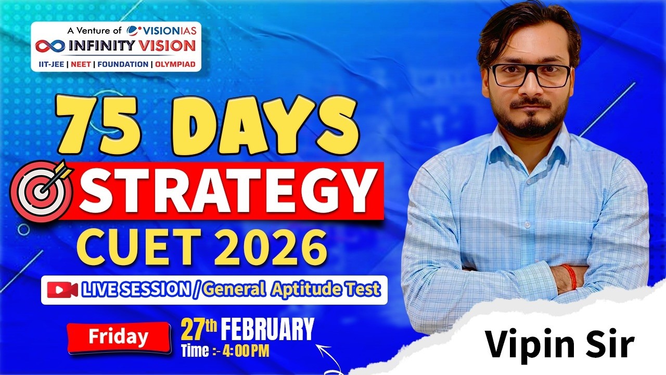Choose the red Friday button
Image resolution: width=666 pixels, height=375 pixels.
click(x=118, y=337)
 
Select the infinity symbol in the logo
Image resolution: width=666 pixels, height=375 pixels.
click(x=51, y=46)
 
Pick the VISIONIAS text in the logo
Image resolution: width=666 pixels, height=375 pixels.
click(x=166, y=31)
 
